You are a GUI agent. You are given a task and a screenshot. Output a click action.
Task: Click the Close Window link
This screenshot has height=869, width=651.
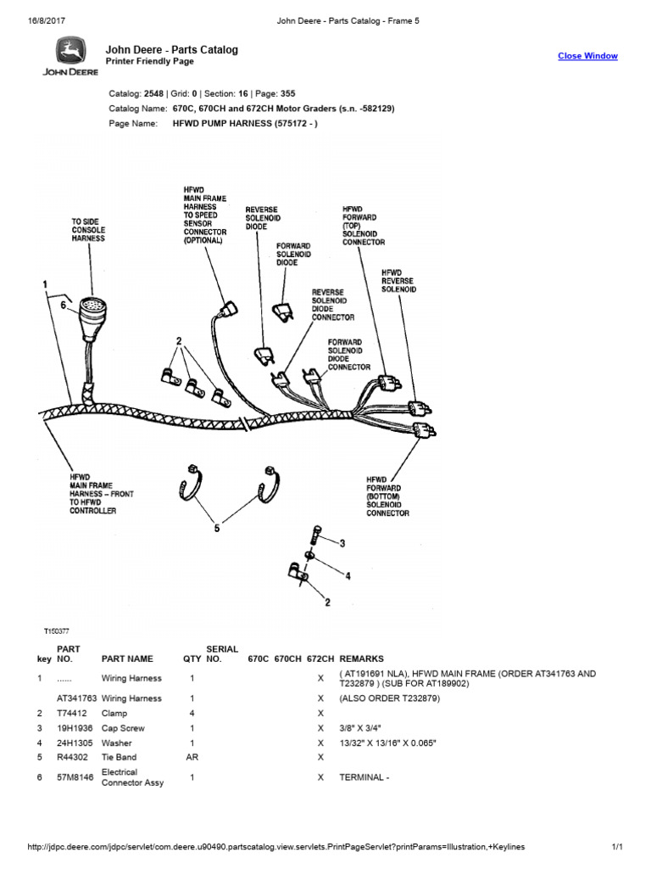pyautogui.click(x=587, y=56)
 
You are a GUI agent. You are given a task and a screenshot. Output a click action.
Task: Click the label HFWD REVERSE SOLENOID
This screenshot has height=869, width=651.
pyautogui.click(x=398, y=281)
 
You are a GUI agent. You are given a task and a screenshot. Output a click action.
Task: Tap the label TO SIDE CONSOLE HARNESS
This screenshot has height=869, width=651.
pyautogui.click(x=88, y=229)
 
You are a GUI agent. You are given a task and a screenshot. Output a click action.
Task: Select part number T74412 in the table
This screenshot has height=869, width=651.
pyautogui.click(x=72, y=714)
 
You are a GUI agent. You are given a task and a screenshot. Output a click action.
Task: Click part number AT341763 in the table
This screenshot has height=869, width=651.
pyautogui.click(x=75, y=698)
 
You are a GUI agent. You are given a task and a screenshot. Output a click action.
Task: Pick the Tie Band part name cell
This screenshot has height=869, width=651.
pyautogui.click(x=120, y=757)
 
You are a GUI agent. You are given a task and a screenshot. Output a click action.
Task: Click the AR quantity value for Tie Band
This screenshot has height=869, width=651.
pyautogui.click(x=192, y=757)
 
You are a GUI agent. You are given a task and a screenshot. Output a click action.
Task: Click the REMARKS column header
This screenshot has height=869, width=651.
pyautogui.click(x=361, y=659)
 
